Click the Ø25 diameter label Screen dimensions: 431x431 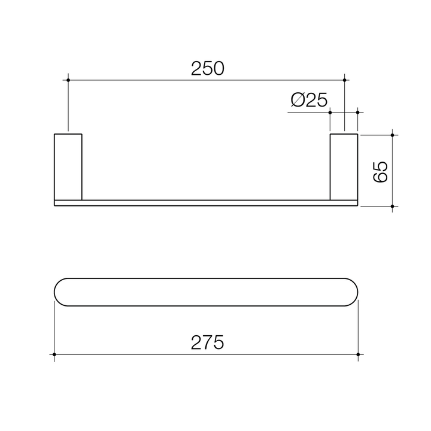coord(309,99)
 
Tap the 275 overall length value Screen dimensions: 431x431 coord(207,342)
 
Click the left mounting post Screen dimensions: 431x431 coord(68,166)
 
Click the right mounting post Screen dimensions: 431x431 coord(344,166)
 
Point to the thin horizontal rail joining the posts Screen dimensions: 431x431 coord(207,202)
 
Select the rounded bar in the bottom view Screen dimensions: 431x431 coord(207,293)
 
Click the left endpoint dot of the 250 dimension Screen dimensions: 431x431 coord(69,79)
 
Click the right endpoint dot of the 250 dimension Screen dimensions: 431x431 coord(344,79)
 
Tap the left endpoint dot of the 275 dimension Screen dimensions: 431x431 coord(54,355)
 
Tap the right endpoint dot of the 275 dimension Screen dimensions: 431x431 coord(358,355)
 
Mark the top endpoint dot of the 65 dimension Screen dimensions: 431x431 coord(392,135)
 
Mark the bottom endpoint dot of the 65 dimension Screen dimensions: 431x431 coord(392,207)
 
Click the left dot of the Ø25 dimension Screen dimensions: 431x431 coord(330,111)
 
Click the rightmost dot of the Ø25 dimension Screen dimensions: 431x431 coord(358,111)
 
